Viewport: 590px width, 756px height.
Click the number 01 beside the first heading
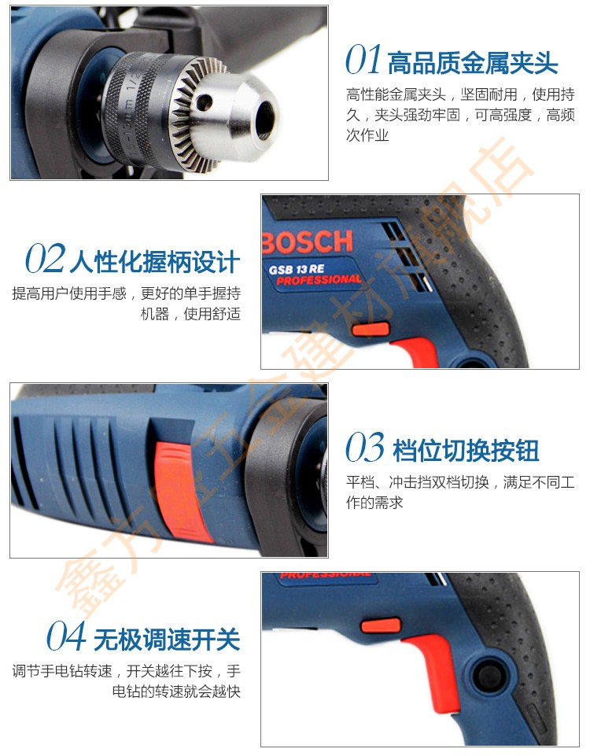point(363,60)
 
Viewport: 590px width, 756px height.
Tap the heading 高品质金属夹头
point(473,63)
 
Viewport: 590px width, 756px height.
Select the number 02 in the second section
point(44,259)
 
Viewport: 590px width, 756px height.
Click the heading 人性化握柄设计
point(155,262)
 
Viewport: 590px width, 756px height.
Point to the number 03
point(365,447)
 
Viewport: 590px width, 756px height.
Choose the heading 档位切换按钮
point(466,450)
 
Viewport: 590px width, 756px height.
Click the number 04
point(66,636)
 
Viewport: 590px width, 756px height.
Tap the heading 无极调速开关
point(167,640)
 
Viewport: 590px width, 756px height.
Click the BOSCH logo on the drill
point(308,242)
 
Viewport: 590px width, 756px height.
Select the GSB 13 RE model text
point(297,269)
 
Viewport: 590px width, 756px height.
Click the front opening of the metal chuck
point(266,119)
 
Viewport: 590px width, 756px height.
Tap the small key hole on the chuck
point(204,101)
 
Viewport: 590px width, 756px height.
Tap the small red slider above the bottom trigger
point(381,625)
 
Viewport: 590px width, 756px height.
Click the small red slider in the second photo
point(371,330)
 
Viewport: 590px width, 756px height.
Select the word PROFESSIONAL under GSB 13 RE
point(319,279)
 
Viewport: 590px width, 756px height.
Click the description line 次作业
point(367,135)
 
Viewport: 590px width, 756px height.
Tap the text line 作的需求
point(374,503)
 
